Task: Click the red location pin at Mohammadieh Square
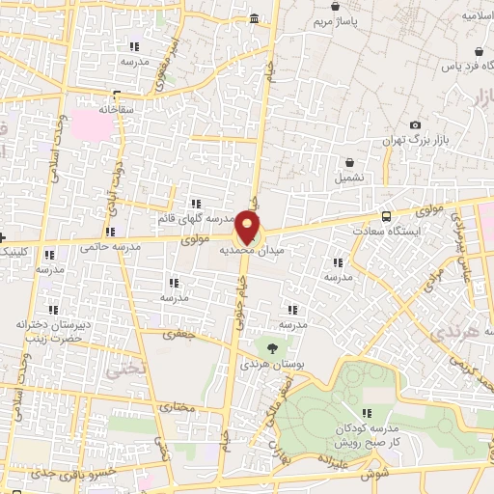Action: click(248, 229)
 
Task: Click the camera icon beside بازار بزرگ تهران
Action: click(415, 124)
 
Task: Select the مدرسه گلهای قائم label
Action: click(196, 219)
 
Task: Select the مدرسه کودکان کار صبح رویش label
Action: click(369, 434)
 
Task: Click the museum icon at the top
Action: click(254, 19)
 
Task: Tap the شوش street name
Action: click(371, 476)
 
